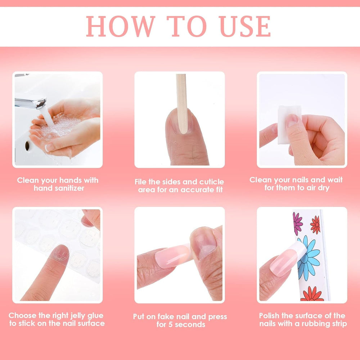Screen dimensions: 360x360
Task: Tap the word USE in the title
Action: pos(245,26)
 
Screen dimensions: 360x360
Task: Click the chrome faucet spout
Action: pos(31,102)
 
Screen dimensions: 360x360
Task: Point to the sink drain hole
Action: pos(27,146)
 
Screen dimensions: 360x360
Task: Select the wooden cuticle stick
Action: pos(182,104)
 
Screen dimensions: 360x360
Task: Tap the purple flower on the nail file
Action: pos(298,224)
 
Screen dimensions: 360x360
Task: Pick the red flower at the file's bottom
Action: pos(312,294)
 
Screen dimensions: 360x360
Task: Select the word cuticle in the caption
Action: pos(211,182)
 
